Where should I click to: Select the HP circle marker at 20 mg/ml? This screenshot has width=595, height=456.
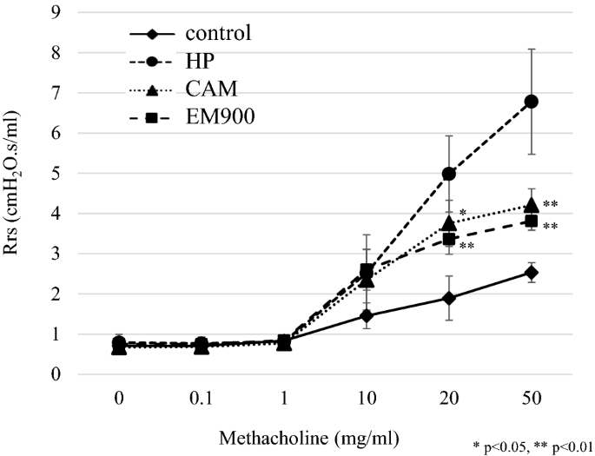coord(449,174)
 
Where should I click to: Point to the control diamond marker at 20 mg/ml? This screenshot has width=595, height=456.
coord(449,298)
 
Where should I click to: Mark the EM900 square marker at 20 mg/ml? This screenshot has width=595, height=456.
coord(449,239)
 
